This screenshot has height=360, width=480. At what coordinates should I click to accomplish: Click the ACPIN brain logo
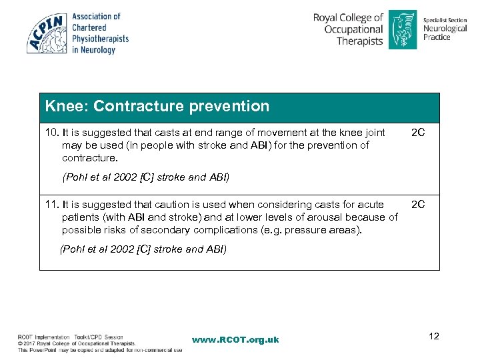(47, 33)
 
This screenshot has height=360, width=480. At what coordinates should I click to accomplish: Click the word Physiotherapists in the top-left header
(100, 39)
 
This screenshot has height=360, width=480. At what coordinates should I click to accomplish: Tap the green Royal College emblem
(403, 29)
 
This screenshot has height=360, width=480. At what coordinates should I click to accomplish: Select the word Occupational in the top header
(353, 29)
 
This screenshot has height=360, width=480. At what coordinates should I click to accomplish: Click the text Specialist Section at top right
(445, 21)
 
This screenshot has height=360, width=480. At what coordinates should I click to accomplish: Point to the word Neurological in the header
(445, 29)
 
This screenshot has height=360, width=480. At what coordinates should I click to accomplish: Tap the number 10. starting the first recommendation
(52, 133)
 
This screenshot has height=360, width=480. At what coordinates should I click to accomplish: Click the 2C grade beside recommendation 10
(418, 133)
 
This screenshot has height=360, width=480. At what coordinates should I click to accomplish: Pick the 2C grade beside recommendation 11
(418, 205)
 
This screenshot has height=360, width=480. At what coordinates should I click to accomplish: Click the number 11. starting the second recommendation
(52, 205)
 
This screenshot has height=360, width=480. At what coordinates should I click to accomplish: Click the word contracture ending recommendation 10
(88, 158)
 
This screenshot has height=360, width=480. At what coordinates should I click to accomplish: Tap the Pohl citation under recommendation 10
(145, 177)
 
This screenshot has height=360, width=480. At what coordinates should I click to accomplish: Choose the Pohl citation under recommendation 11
(143, 249)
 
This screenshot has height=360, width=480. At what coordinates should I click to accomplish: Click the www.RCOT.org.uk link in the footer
(235, 340)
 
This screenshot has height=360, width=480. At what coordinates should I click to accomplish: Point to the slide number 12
(434, 335)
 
